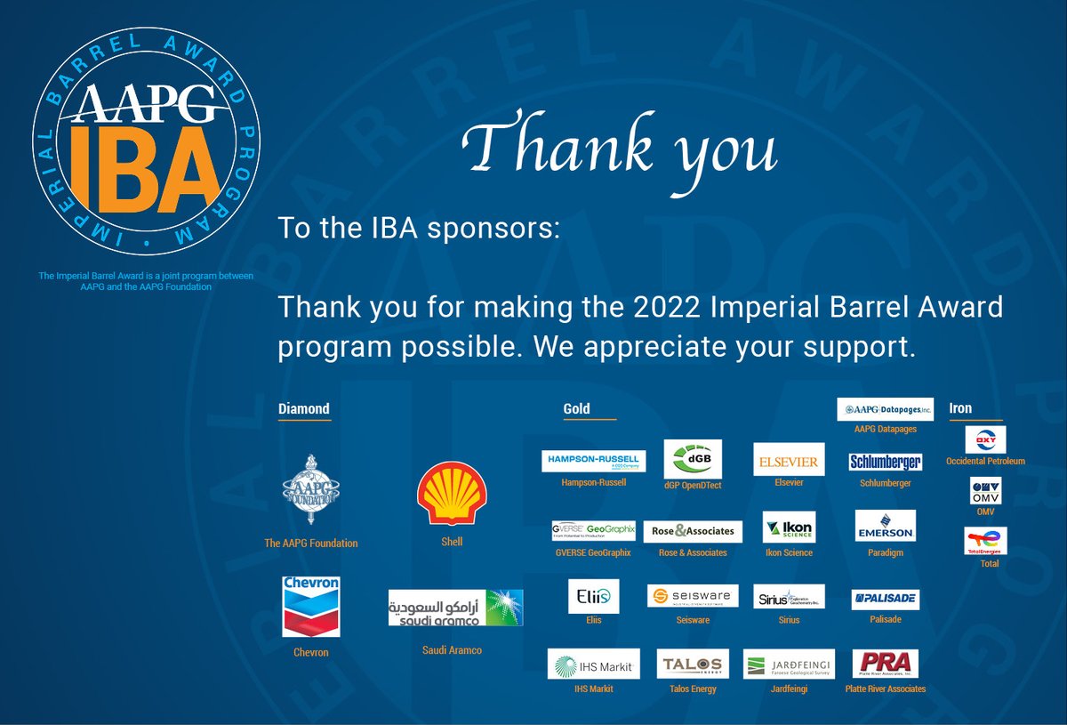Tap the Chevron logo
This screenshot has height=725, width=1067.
pos(310,607)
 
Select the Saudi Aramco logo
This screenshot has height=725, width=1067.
pos(455,608)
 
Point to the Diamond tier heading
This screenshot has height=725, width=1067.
pos(304,409)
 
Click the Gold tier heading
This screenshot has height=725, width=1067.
pos(576,409)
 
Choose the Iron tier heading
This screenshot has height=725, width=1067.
pos(960,409)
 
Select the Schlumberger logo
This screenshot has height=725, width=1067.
pos(885,462)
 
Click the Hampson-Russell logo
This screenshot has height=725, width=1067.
pos(593,461)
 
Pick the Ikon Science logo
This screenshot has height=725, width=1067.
pos(788,527)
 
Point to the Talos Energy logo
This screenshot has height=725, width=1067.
pos(693,664)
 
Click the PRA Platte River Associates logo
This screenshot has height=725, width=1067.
pos(885,664)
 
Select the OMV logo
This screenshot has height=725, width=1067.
pos(985,491)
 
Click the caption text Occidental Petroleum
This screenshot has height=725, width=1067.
pos(985,462)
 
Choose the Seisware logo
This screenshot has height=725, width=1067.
pos(693,596)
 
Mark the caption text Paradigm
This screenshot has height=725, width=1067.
pos(885,553)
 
